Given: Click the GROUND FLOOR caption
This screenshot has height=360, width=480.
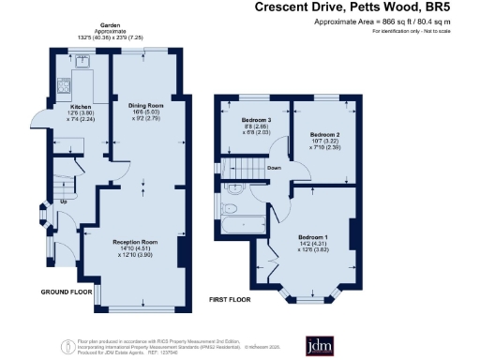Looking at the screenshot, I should pos(66,292).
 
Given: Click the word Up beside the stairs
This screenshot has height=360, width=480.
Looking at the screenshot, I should pos(64,201).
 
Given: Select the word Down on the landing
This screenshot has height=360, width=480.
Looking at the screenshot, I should pos(275,169).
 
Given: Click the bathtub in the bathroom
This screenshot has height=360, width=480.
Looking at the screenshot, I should pos(242,225).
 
